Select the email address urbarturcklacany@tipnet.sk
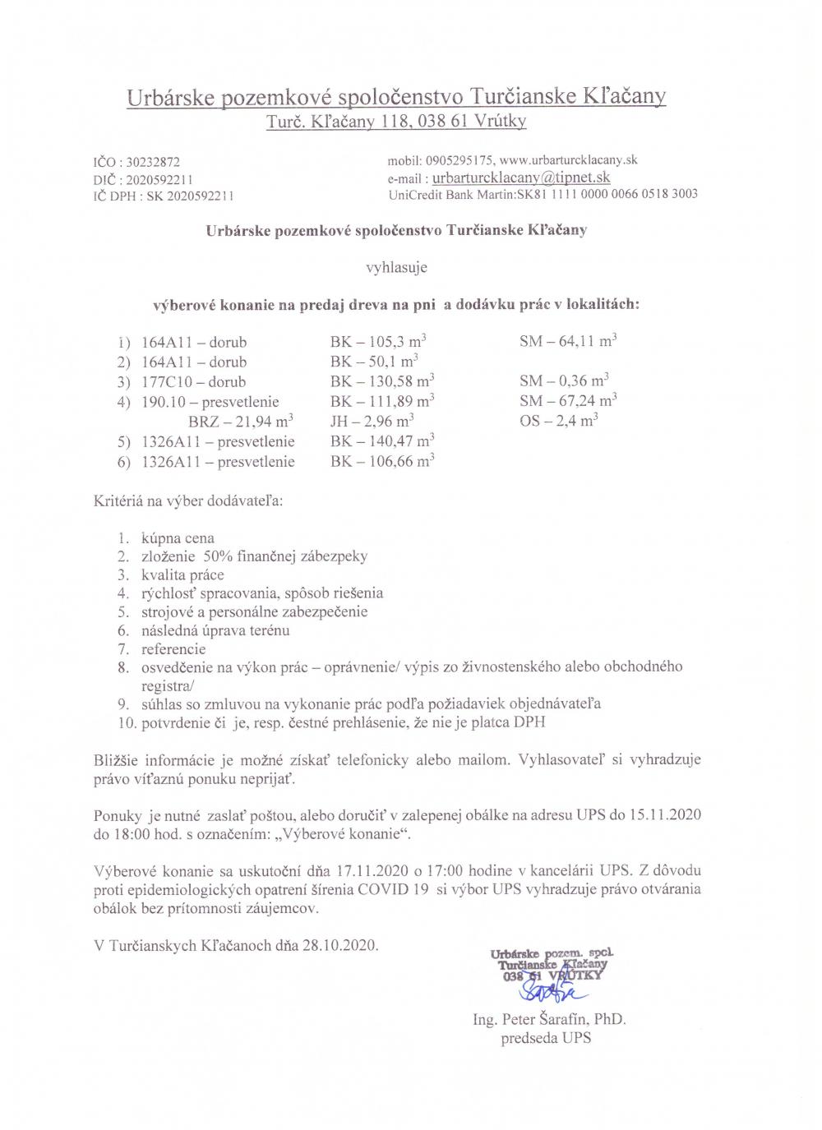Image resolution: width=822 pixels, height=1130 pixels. coord(521,178)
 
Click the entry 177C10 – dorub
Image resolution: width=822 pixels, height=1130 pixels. coord(194,381)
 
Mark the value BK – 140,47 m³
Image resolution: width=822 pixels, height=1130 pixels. coord(381,441)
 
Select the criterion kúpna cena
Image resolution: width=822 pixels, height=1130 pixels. coord(178,538)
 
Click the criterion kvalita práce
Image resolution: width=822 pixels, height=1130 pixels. coord(182,575)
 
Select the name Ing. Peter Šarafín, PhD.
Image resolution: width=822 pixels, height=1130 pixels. coord(550,1019)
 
